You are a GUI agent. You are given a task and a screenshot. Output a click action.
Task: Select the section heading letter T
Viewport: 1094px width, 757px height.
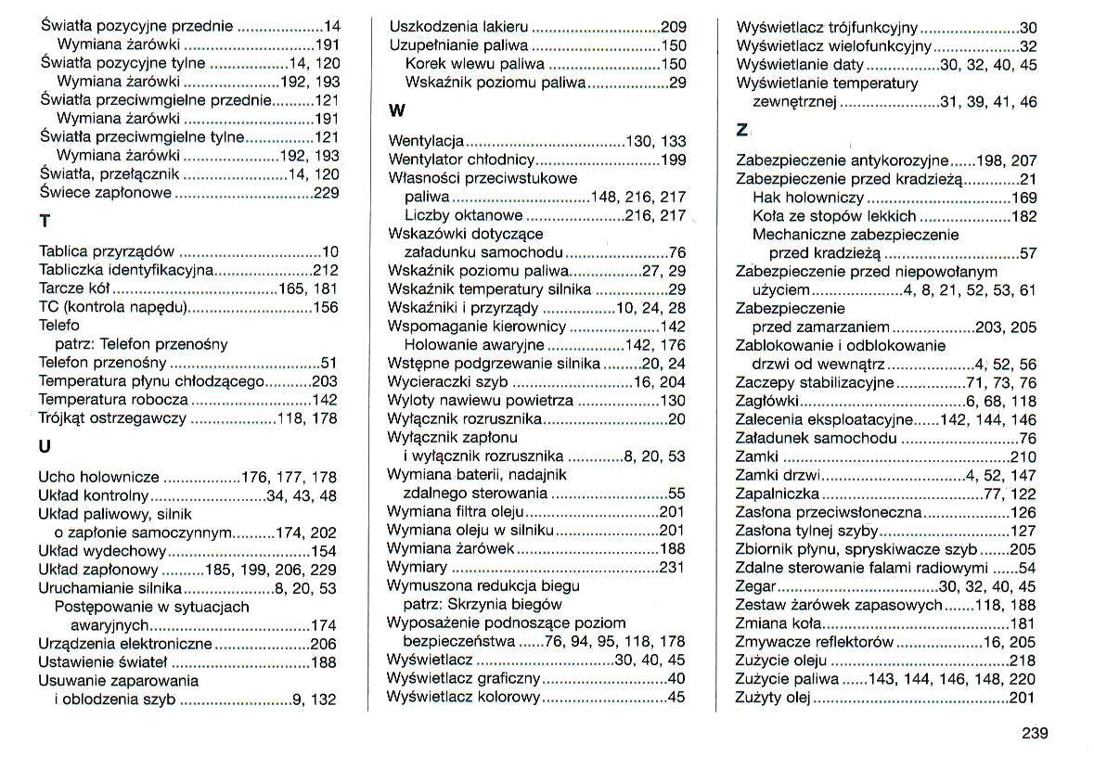pos(45,223)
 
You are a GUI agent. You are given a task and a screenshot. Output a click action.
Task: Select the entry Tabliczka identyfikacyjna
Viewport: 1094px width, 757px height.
pos(126,270)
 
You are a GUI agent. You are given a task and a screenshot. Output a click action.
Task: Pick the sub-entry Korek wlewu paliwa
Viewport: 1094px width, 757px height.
pos(476,64)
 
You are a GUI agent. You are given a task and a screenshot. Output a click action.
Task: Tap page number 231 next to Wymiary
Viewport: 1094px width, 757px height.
pos(672,567)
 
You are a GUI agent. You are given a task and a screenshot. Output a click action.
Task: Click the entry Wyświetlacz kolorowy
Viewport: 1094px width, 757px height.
pos(462,697)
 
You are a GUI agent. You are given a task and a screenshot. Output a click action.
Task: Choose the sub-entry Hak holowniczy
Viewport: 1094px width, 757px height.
pos(808,198)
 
